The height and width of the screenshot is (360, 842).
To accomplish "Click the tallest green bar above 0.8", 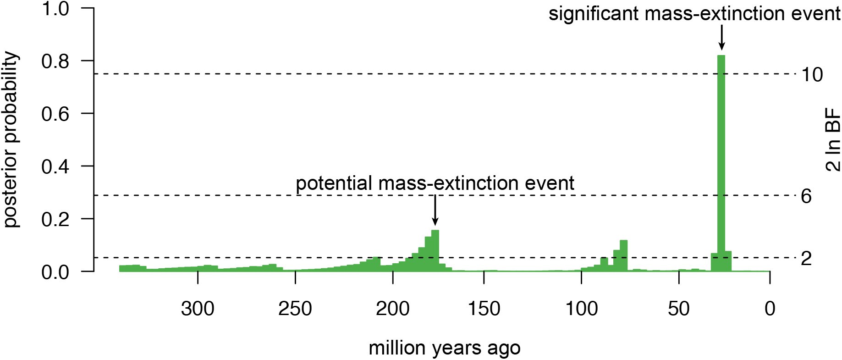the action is tap(721, 163).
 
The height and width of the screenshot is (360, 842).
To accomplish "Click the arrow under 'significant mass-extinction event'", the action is tap(721, 38).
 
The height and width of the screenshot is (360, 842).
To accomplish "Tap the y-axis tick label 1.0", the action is tap(55, 9).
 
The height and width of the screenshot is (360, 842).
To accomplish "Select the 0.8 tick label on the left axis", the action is tap(55, 61).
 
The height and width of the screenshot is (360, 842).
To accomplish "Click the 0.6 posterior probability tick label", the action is tap(55, 114).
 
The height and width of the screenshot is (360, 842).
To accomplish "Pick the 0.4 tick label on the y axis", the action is tap(55, 166).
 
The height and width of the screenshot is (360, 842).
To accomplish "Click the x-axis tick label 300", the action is tap(198, 309).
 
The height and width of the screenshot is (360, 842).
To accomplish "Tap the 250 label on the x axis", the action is tap(295, 309).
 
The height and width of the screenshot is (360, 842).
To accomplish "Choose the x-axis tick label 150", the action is tap(484, 309).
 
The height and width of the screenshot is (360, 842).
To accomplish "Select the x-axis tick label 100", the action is tap(581, 309).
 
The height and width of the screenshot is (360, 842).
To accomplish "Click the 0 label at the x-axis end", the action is tap(770, 309).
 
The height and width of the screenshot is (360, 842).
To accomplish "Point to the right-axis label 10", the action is tap(812, 74).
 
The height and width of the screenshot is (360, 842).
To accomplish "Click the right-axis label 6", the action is tap(806, 196).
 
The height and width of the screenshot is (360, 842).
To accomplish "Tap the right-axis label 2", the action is tap(806, 259).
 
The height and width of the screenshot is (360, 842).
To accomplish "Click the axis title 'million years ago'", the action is tap(445, 348).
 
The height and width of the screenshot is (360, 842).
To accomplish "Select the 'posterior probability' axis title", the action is tap(11, 140).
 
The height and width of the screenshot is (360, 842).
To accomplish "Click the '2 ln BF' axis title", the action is tap(833, 139).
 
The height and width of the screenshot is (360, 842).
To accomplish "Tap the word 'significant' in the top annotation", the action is tap(594, 14).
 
